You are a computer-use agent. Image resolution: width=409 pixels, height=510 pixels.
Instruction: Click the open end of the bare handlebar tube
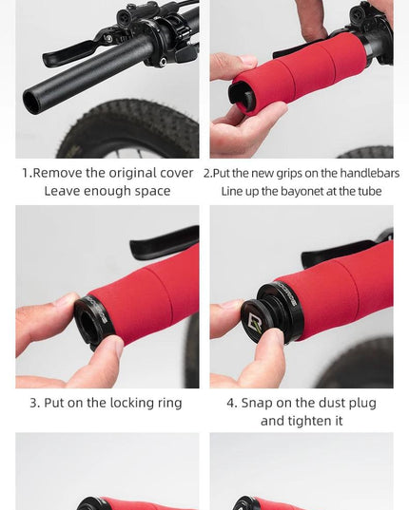(31, 102)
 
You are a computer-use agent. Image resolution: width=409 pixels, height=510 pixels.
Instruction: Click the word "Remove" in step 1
(58, 173)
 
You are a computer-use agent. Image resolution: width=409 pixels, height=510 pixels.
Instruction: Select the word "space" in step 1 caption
(152, 192)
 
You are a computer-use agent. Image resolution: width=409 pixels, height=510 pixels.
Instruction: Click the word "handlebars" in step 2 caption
(370, 173)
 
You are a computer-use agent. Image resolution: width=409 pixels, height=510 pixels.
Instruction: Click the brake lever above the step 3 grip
(165, 242)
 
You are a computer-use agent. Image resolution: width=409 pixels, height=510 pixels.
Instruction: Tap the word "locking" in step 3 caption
(132, 404)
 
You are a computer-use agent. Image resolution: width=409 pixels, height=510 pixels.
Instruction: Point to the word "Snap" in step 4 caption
(257, 404)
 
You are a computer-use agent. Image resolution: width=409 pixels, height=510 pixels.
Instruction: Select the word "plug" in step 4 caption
(362, 404)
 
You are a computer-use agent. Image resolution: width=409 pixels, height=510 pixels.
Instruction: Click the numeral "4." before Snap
(231, 404)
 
